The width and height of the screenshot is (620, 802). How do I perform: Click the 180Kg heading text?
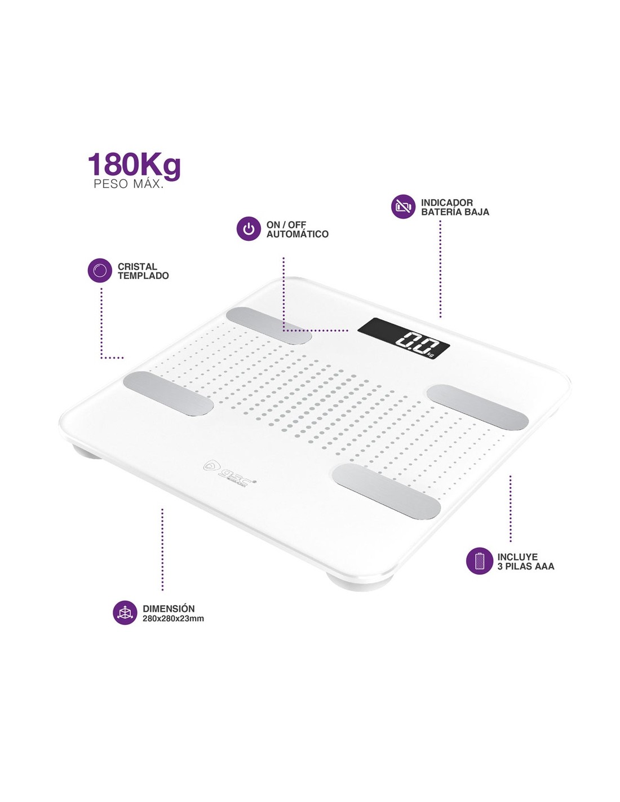pos(134,165)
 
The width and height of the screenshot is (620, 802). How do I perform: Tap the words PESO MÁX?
pos(129,184)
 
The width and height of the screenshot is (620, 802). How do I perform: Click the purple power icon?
pos(249,229)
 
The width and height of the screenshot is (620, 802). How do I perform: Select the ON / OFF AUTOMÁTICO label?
pos(297,229)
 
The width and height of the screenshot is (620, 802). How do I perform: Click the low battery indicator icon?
pos(403,206)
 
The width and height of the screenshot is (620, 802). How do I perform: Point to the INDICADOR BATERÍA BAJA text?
pos(455,207)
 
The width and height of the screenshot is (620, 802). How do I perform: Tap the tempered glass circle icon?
pos(100,271)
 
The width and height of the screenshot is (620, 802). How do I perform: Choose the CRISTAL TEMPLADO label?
pos(143,271)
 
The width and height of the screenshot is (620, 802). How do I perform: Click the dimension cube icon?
pos(125,612)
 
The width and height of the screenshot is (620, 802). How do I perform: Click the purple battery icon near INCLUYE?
pos(480,561)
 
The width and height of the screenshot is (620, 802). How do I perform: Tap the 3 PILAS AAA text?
pos(525,566)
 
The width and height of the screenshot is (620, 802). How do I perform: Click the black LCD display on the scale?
pos(404,338)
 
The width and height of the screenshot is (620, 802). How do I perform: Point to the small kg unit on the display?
pos(431,354)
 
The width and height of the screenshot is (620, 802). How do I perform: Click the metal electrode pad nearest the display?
pos(477,407)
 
